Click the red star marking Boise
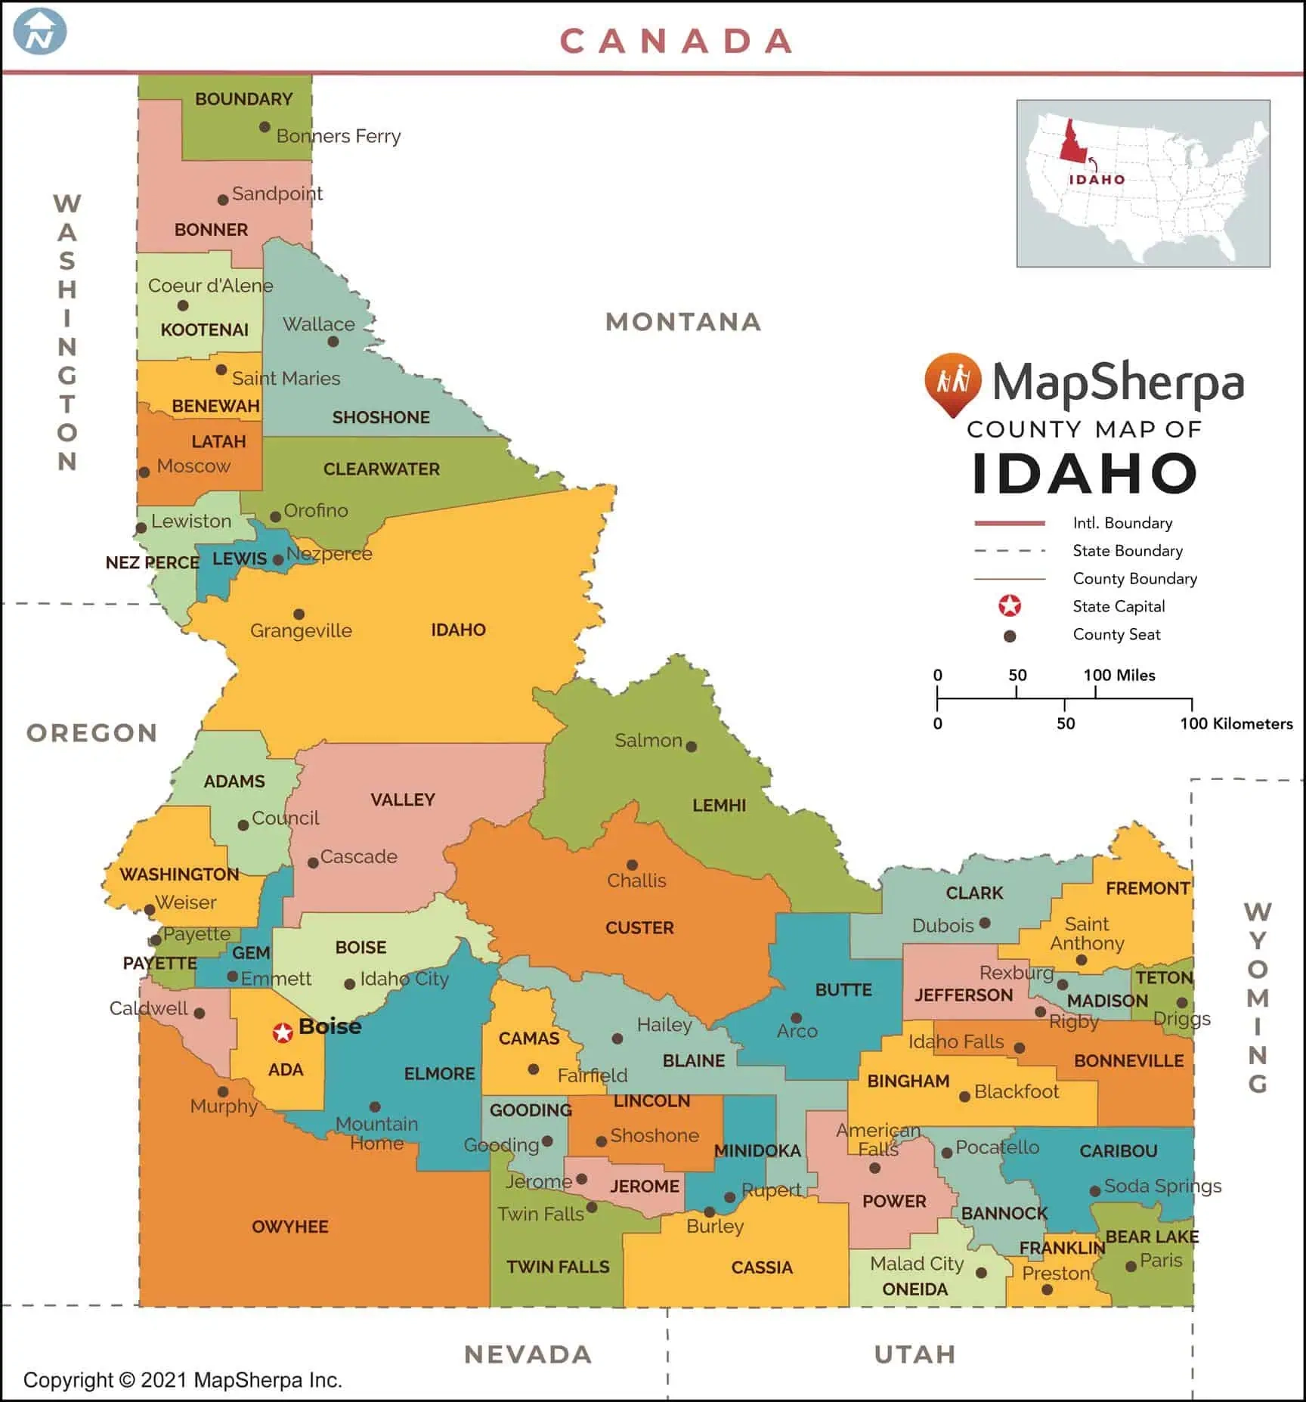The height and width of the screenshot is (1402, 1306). coord(283,1032)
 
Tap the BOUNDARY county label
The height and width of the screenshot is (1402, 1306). coord(243,99)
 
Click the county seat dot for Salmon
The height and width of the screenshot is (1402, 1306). coord(691,747)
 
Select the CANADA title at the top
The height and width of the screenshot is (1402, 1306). coord(676,42)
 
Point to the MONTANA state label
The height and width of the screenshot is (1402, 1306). coord(683,322)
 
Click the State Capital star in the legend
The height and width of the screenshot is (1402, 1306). coord(1010,606)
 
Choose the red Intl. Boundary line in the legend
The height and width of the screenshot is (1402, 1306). coord(1010,523)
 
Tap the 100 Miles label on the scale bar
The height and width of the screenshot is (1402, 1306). coord(1119,675)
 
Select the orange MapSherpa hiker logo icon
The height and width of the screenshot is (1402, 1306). coord(952,382)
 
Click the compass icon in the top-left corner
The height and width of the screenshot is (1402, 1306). coord(41,32)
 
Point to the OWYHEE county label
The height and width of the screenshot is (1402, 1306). coord(290,1227)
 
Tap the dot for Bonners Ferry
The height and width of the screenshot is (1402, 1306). coord(265,127)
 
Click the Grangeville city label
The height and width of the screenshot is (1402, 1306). coord(301,630)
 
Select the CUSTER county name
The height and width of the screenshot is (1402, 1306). coord(639,927)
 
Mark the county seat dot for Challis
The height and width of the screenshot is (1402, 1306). coord(633,865)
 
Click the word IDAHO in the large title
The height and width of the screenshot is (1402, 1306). coord(1085,474)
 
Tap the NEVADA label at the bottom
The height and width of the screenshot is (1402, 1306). coord(528,1354)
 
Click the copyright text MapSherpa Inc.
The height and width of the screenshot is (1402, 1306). coord(268,1380)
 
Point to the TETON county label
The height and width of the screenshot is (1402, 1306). coord(1164,977)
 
